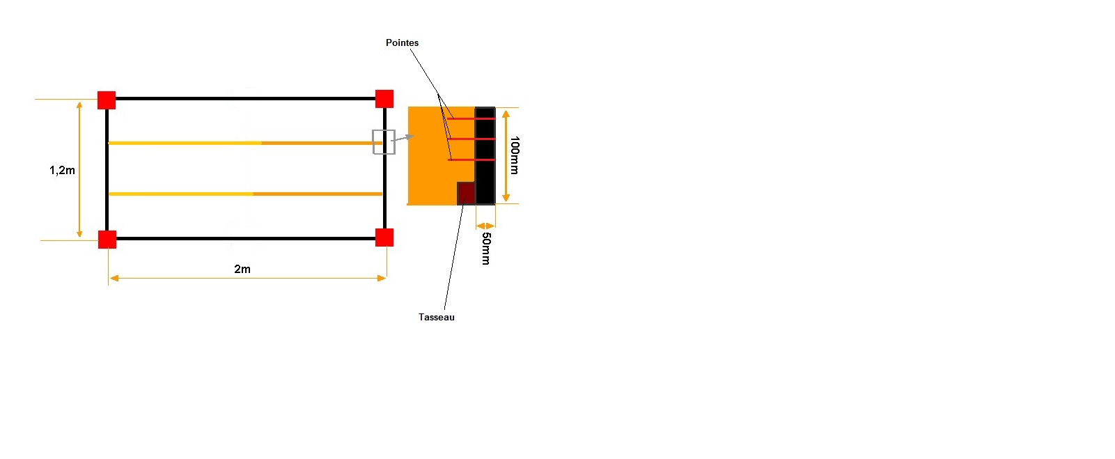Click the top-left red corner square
(x=107, y=100)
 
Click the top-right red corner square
(x=384, y=99)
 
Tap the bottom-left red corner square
(x=107, y=240)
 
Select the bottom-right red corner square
(x=384, y=238)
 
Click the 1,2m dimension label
(x=62, y=171)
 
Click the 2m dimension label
(x=242, y=270)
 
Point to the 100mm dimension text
(x=515, y=155)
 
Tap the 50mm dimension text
(x=486, y=249)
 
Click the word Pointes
(x=403, y=43)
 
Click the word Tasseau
(x=437, y=318)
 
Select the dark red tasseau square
(x=466, y=193)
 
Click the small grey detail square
(x=384, y=142)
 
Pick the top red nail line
(x=471, y=119)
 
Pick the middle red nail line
(x=471, y=139)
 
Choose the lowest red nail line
(x=471, y=160)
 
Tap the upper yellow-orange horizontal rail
(x=244, y=143)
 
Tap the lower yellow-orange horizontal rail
(x=244, y=194)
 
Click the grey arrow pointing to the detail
(x=403, y=138)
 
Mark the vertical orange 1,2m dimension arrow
(x=79, y=170)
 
